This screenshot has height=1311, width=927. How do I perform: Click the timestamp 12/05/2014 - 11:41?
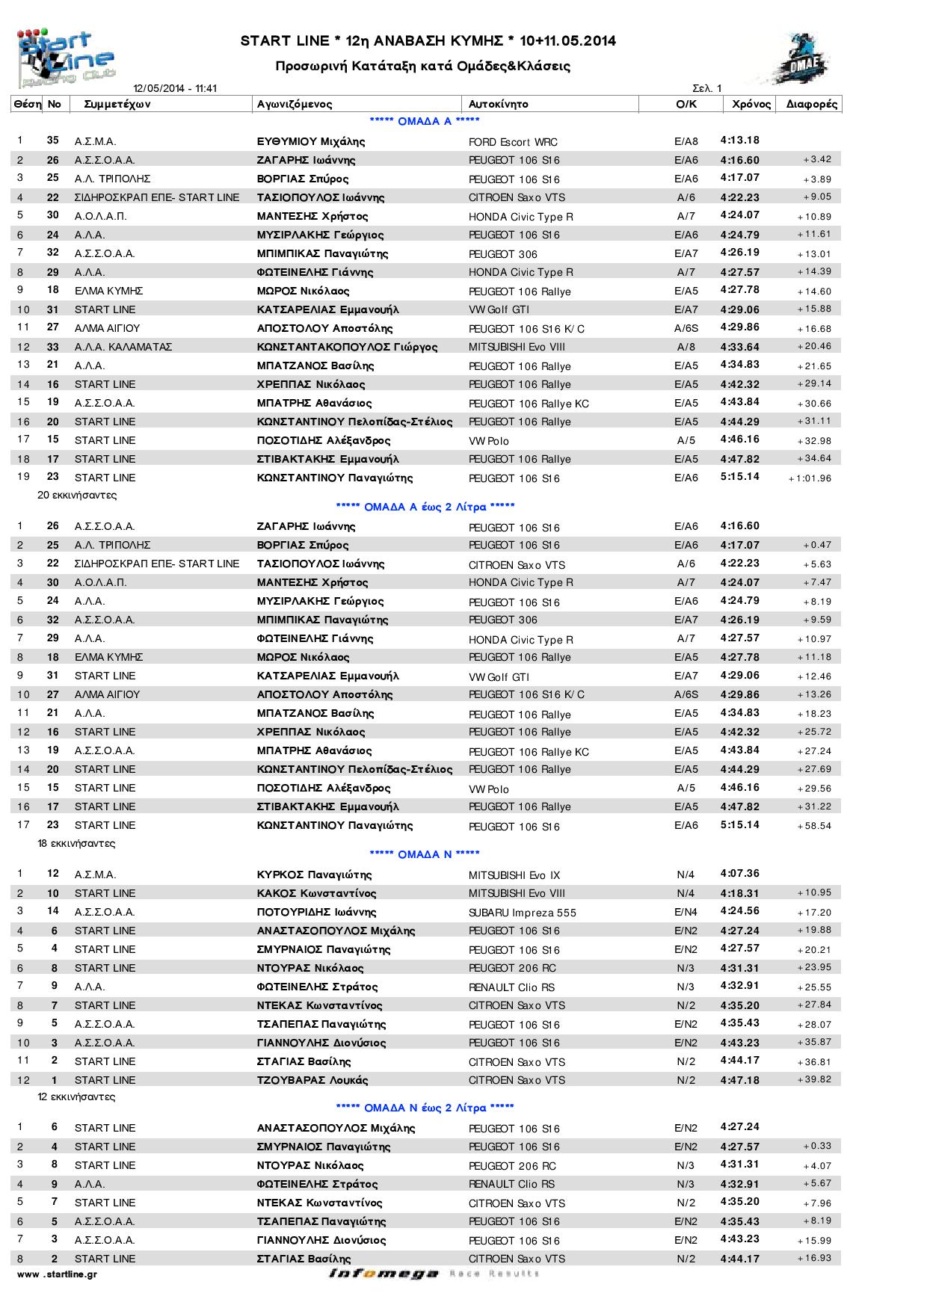point(175,88)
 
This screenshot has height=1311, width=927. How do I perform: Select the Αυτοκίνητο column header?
point(498,105)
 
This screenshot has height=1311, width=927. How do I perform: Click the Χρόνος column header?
point(751,105)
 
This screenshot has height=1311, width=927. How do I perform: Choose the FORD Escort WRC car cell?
point(513,142)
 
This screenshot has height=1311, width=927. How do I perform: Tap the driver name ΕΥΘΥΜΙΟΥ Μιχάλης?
point(311,141)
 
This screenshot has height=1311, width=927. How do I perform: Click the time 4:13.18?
point(740,141)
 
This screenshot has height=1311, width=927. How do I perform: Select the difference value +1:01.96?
point(810,478)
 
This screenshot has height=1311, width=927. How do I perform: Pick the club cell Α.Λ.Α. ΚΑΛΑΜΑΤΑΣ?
point(123,347)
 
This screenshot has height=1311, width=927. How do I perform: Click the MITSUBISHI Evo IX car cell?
point(514,875)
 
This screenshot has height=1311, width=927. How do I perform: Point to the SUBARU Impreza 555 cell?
point(522,913)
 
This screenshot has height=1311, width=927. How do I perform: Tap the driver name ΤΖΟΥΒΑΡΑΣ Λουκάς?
point(312,1080)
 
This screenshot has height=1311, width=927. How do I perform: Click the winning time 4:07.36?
point(740,874)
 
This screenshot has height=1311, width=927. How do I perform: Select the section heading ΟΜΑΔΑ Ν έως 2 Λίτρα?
point(425,1108)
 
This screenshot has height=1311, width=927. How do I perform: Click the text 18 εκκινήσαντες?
point(76,843)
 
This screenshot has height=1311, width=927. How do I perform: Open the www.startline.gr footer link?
point(57,1274)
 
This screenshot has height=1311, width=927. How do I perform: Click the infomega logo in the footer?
point(383,1274)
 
